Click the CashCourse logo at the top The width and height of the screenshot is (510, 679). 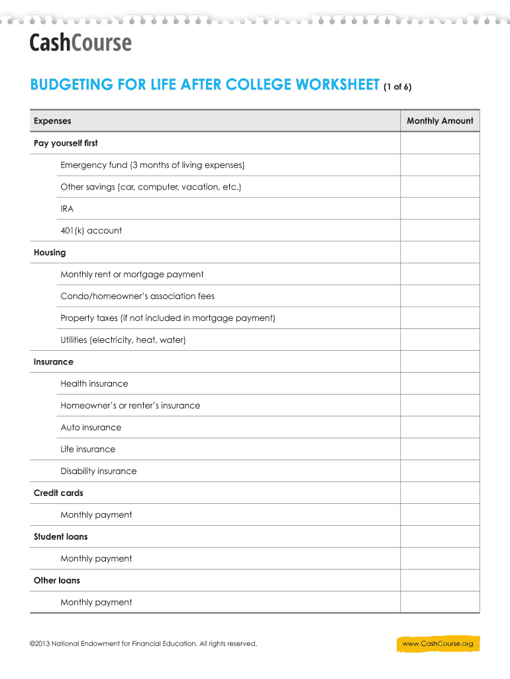point(80,43)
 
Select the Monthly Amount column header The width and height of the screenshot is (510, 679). point(440,121)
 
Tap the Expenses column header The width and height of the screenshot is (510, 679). point(52,121)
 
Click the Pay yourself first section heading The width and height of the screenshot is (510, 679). point(66,143)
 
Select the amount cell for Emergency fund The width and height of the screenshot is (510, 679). point(440,165)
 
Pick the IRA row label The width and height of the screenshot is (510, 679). point(67,209)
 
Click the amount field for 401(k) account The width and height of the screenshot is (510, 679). point(440,231)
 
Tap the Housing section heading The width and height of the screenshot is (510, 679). point(50,253)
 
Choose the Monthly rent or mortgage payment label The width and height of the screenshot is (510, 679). point(132,275)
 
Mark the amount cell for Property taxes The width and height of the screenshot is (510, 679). point(440,318)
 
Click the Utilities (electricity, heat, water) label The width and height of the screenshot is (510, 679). point(123,340)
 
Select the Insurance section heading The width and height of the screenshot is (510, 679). point(54,362)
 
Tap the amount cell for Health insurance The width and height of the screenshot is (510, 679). point(440,384)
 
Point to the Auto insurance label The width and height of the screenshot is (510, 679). point(91,428)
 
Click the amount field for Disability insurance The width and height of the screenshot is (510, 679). point(440,471)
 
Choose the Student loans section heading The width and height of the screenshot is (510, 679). point(60,536)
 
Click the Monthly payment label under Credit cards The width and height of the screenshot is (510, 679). point(96,515)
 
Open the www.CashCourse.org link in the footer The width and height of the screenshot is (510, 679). point(437,644)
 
